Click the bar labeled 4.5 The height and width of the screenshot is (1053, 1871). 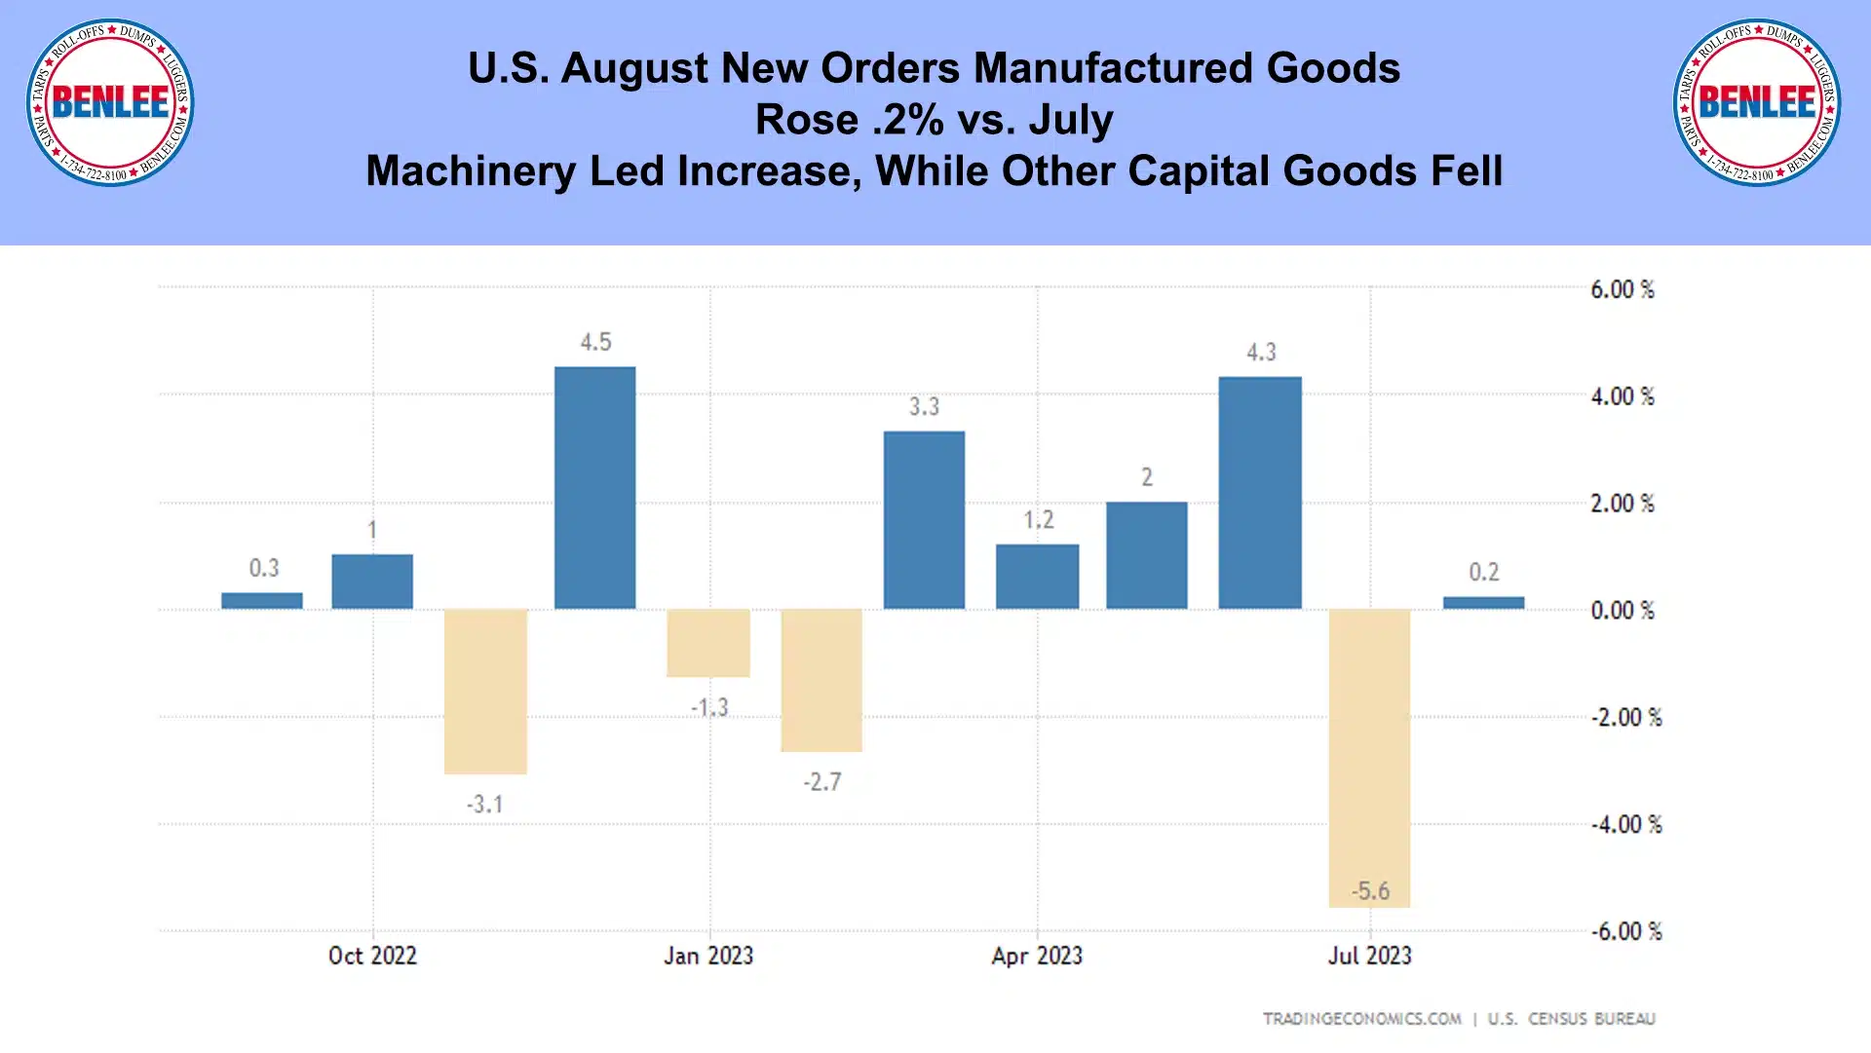594,487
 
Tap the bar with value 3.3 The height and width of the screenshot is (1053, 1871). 924,520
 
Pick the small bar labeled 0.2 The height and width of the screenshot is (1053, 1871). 1483,603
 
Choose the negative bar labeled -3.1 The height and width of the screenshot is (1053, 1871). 485,692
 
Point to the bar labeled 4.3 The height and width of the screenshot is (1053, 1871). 1260,493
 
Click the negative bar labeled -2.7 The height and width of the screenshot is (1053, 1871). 821,680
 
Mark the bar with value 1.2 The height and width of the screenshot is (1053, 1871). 1037,577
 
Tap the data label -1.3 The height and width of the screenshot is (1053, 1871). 709,707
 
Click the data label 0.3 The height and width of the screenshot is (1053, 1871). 264,568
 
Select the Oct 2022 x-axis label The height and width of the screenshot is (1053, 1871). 372,956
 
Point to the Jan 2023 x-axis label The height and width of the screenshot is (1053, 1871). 708,956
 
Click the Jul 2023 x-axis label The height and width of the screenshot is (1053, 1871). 1369,956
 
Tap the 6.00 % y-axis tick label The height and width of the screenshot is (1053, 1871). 1623,289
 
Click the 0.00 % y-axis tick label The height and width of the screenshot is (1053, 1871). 1623,611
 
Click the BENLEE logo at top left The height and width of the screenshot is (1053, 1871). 110,102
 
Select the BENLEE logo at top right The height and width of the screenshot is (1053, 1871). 1757,102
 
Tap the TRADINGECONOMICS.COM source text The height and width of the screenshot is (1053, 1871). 1361,1019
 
